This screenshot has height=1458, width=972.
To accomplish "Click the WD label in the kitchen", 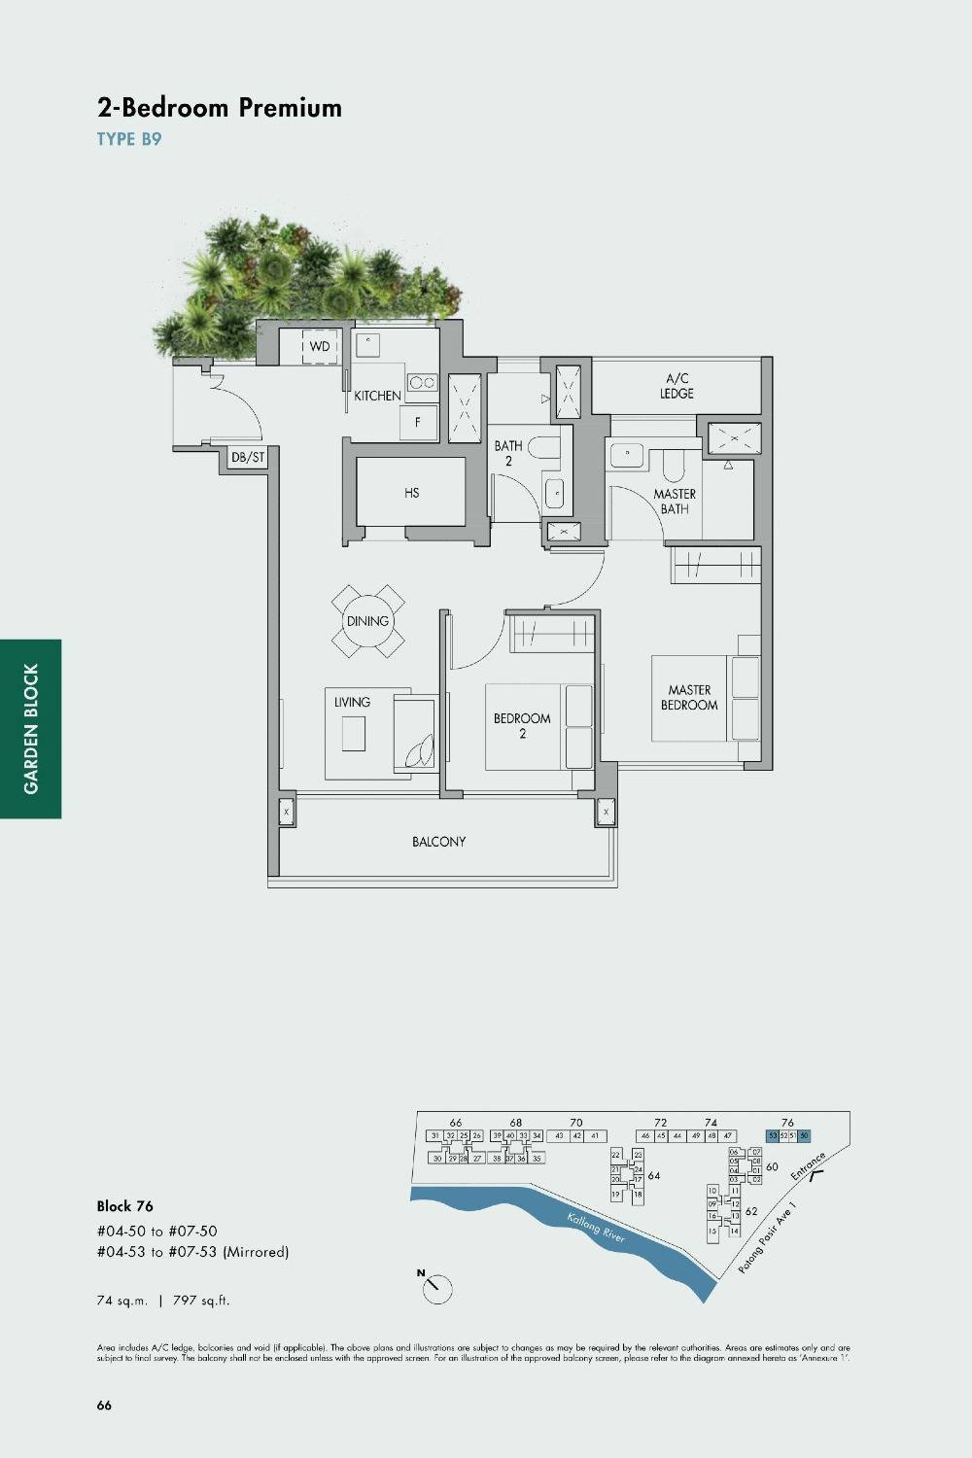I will [320, 346].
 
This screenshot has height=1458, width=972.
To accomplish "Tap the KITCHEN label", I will [377, 396].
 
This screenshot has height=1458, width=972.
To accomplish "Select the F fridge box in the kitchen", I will [418, 423].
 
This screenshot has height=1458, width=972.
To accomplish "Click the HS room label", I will [412, 493].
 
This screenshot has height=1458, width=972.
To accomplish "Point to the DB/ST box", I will [248, 457].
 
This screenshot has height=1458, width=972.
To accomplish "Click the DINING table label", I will [367, 621].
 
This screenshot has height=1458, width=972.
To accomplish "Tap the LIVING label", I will [352, 702].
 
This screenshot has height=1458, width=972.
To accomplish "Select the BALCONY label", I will [438, 842].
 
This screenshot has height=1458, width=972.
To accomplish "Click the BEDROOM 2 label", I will [522, 726].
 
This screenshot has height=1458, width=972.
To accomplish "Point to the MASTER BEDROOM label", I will [689, 698].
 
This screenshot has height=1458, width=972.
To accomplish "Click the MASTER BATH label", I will [675, 502].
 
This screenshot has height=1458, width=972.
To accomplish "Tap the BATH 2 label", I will [508, 453].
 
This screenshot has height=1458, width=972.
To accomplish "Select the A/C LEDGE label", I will [677, 386].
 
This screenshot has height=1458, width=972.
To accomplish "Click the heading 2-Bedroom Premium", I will [220, 107].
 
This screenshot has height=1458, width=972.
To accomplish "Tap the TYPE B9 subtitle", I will [129, 139].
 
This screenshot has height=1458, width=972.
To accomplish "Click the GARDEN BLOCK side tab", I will [31, 729].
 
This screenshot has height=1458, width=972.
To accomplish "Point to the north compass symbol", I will [436, 1288].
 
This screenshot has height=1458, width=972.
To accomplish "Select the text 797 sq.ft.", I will [201, 1301].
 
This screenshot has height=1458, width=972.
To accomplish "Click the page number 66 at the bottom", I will [104, 1406].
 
